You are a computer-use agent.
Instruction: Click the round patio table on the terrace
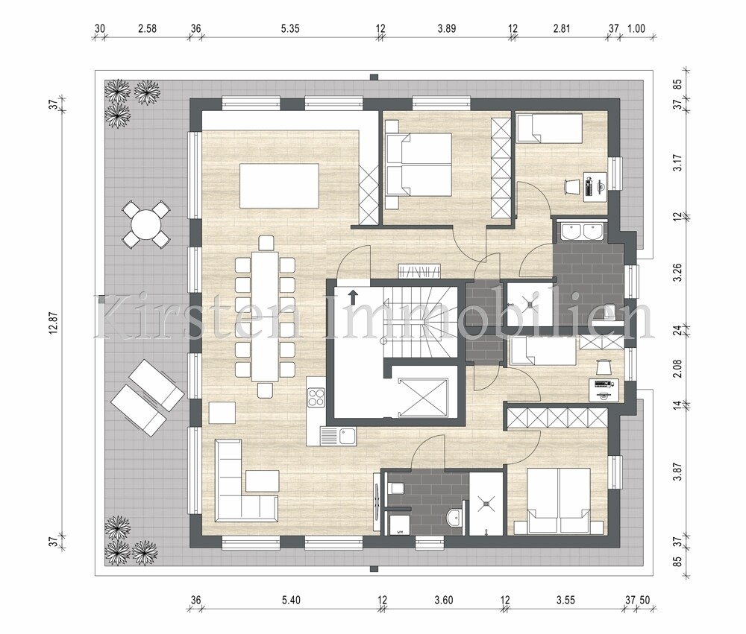[x=144, y=223]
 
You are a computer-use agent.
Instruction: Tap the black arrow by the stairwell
[x=353, y=297]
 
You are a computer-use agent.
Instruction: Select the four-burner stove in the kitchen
[x=316, y=399]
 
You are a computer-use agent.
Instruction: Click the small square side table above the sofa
[x=221, y=413]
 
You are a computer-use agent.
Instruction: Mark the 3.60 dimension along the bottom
[x=444, y=599]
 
